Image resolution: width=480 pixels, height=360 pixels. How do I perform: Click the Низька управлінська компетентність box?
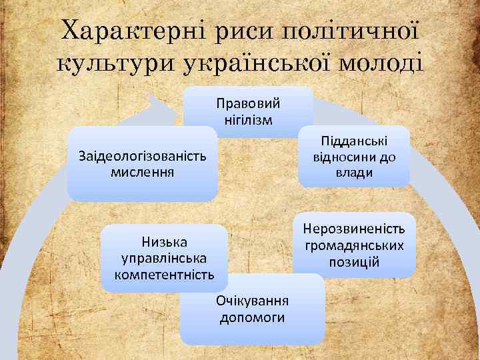pyautogui.click(x=164, y=258)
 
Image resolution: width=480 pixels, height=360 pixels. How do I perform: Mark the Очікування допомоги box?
pyautogui.click(x=252, y=309)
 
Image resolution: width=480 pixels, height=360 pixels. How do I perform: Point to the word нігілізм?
pyautogui.click(x=248, y=119)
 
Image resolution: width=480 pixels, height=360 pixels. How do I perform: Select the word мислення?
pyautogui.click(x=142, y=173)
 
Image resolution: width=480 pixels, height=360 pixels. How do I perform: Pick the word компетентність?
pyautogui.click(x=164, y=274)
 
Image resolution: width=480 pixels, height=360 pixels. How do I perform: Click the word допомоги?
pyautogui.click(x=252, y=317)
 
